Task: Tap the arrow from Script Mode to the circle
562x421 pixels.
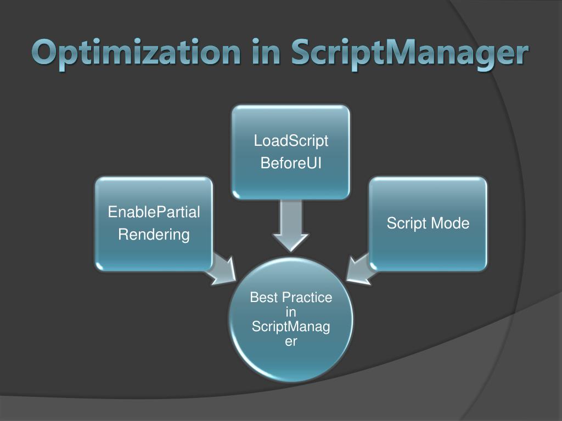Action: pyautogui.click(x=360, y=269)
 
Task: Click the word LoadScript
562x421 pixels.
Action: pyautogui.click(x=291, y=141)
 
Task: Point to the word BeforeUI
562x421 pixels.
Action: pyautogui.click(x=291, y=163)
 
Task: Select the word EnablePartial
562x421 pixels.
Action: pyautogui.click(x=154, y=212)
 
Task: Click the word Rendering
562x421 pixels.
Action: pyautogui.click(x=154, y=235)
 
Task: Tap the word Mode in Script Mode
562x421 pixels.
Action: pyautogui.click(x=450, y=223)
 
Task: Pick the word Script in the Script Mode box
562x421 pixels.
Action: pyautogui.click(x=407, y=223)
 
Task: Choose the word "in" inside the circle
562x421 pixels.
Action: pyautogui.click(x=291, y=312)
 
